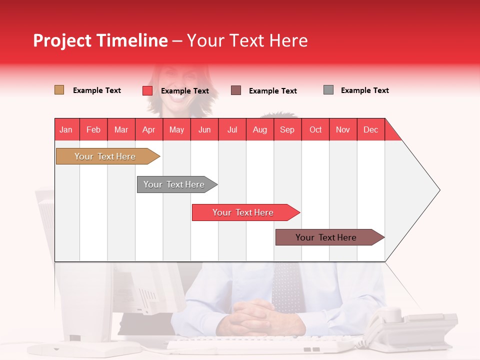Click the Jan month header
pyautogui.click(x=66, y=129)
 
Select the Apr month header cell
pyautogui.click(x=149, y=129)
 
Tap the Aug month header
pyautogui.click(x=259, y=129)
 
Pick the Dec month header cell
pyautogui.click(x=370, y=129)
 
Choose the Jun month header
pyautogui.click(x=204, y=129)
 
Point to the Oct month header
pyautogui.click(x=315, y=129)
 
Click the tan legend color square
pyautogui.click(x=59, y=90)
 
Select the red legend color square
pyautogui.click(x=147, y=90)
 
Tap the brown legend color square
pyautogui.click(x=236, y=90)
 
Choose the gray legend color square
pyautogui.click(x=328, y=90)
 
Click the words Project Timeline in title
pyautogui.click(x=100, y=40)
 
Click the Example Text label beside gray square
pyautogui.click(x=364, y=90)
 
